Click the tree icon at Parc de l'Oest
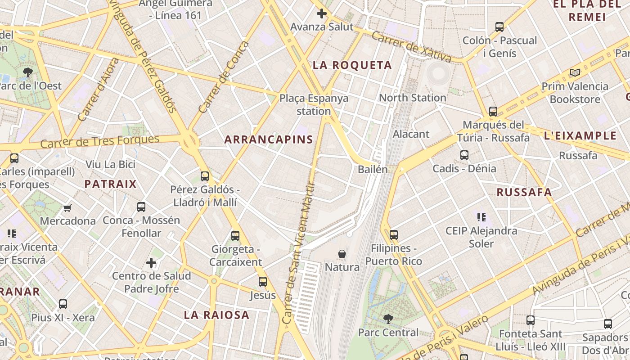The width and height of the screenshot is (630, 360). click(x=27, y=72)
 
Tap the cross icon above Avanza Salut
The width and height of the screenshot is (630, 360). click(x=321, y=13)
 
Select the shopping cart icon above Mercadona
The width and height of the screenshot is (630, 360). click(x=67, y=208)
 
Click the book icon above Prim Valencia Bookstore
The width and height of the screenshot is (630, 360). click(x=575, y=72)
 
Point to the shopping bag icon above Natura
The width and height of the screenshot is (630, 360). click(x=342, y=254)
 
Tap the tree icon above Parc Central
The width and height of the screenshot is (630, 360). click(x=388, y=319)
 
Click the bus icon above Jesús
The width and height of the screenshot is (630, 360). click(x=263, y=282)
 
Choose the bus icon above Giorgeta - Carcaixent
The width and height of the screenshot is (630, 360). click(x=235, y=235)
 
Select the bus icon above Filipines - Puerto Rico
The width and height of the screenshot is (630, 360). click(x=394, y=234)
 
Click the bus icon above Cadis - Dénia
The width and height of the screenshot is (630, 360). click(x=464, y=155)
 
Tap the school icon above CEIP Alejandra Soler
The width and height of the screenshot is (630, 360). click(x=481, y=218)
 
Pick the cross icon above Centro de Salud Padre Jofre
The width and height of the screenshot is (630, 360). click(x=151, y=262)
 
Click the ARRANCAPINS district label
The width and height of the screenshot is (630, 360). click(x=269, y=139)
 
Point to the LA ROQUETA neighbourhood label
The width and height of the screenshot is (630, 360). click(x=352, y=65)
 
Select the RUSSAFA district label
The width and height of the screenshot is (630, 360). click(x=524, y=193)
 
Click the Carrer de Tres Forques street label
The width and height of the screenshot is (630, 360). click(x=100, y=141)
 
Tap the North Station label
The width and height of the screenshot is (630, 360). click(x=412, y=98)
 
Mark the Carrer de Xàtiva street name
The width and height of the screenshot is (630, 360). click(x=411, y=48)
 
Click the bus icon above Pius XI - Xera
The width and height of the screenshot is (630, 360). click(x=63, y=304)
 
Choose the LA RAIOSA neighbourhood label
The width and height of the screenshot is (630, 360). click(x=216, y=315)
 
